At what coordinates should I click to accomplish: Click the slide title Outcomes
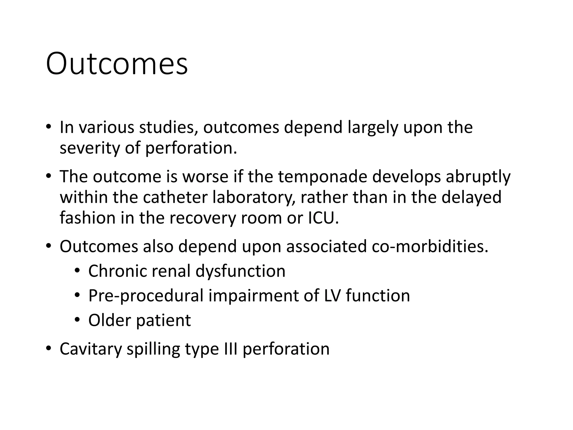(117, 64)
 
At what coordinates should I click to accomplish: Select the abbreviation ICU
(323, 218)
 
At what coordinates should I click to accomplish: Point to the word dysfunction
(240, 272)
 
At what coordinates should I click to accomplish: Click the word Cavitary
(91, 349)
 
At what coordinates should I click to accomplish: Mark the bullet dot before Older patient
(77, 320)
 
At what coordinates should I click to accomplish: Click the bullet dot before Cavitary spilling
(49, 349)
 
